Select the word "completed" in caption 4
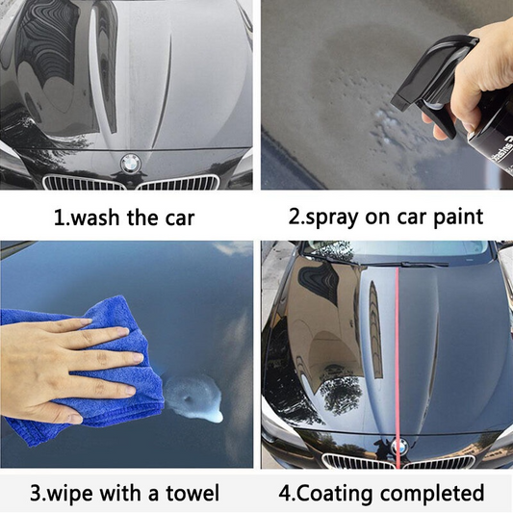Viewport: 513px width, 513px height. click(432, 494)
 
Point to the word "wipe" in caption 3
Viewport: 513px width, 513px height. click(70, 494)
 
